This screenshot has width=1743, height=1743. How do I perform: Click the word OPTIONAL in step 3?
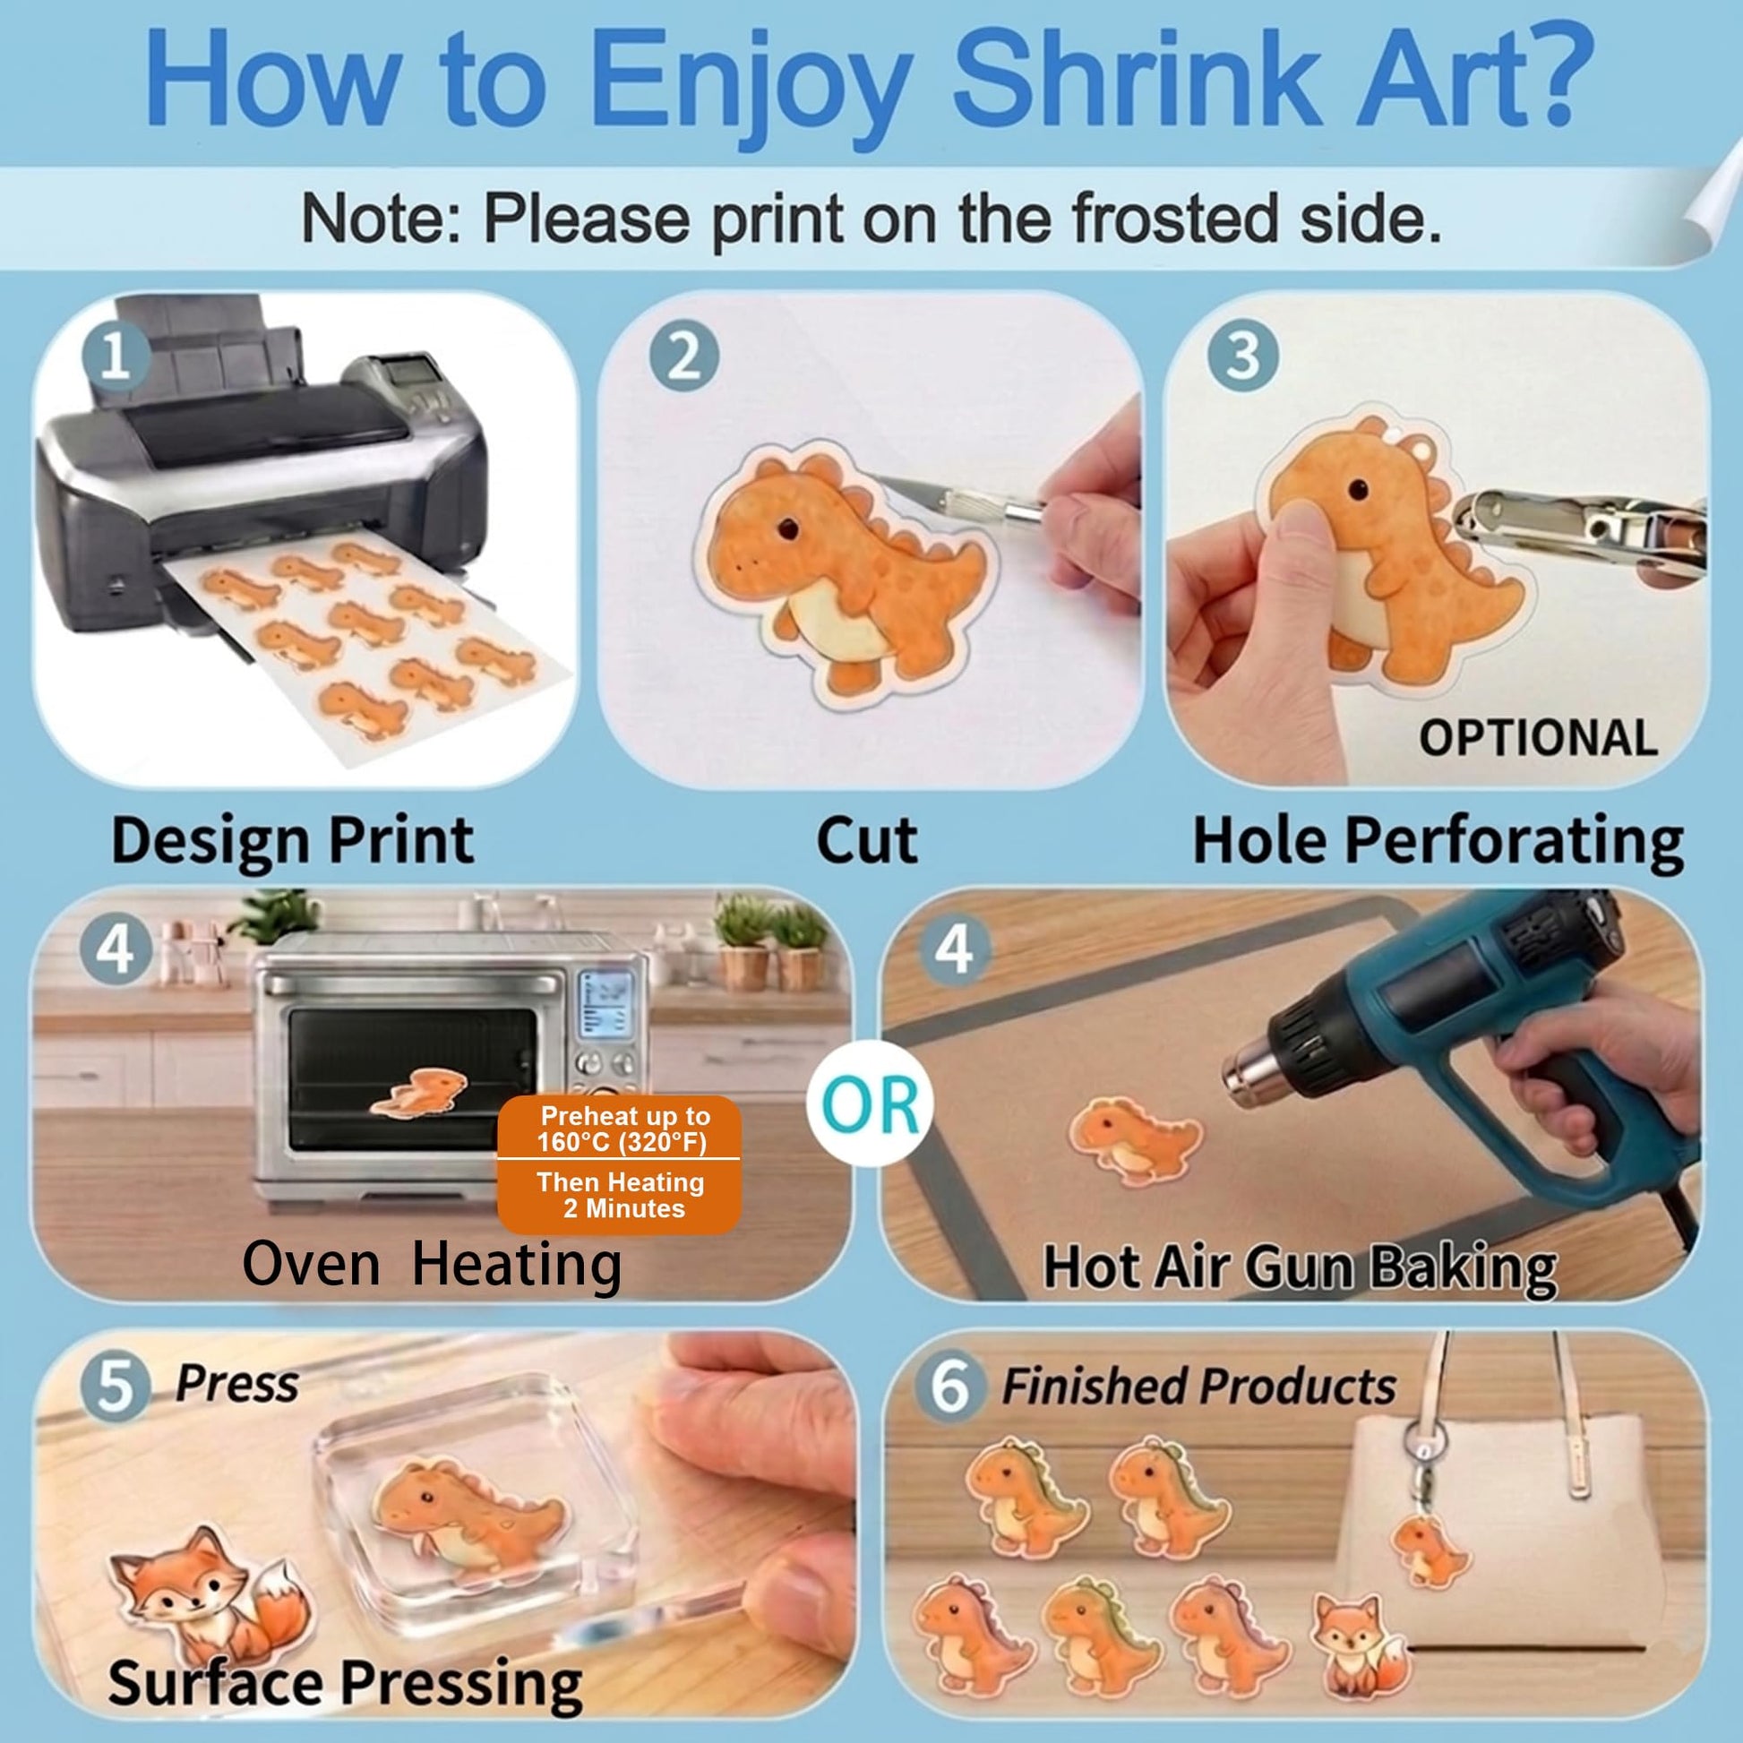[1539, 738]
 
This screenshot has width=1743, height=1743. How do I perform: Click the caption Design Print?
[292, 841]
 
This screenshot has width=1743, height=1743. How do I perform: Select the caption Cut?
[867, 841]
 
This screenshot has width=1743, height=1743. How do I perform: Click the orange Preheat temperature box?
[620, 1164]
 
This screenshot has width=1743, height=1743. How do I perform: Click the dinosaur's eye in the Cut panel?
[788, 528]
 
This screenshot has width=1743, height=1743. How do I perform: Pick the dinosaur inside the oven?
[420, 1092]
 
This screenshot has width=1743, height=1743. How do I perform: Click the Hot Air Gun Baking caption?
[1300, 1267]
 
